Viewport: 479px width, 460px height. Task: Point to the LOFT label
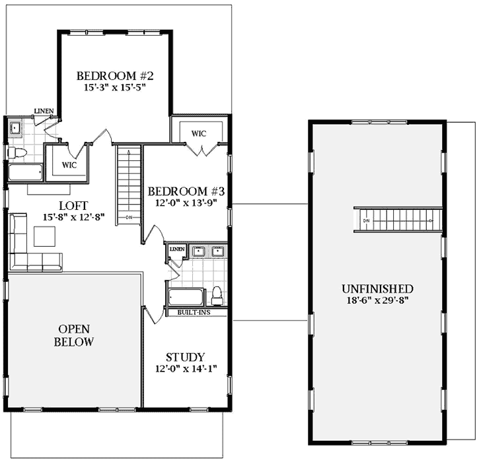coord(70,205)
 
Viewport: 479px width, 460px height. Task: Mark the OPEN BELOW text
coord(75,335)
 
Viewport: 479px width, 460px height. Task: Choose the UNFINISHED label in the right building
coord(377,289)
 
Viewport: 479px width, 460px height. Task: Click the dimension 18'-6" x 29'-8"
coord(377,301)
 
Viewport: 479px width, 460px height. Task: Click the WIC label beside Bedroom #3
coord(200,133)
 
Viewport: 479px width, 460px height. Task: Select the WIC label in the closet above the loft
coord(69,164)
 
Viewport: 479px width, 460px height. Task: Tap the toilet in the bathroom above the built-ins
coord(216,294)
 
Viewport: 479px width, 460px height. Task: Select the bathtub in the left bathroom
coord(26,172)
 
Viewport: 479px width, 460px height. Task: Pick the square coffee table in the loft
coord(45,236)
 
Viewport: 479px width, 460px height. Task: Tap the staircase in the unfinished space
coord(396,219)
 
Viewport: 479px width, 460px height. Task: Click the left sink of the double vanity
coord(198,251)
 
